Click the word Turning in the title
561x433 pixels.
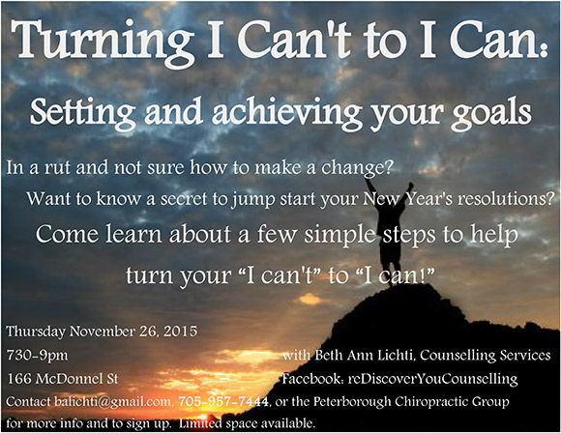pyautogui.click(x=103, y=43)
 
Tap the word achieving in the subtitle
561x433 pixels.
pyautogui.click(x=286, y=112)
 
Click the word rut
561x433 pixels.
pyautogui.click(x=57, y=167)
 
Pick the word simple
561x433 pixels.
pyautogui.click(x=340, y=236)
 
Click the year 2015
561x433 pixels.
pyautogui.click(x=180, y=332)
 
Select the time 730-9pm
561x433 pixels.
pyautogui.click(x=37, y=356)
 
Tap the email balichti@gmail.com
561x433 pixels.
pyautogui.click(x=113, y=402)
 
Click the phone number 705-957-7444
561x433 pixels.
pyautogui.click(x=223, y=401)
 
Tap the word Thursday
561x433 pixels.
pyautogui.click(x=36, y=332)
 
